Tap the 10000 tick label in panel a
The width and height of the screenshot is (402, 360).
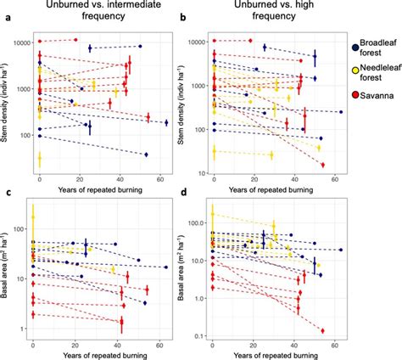tap(20, 42)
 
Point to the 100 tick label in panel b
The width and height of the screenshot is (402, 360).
tap(197, 130)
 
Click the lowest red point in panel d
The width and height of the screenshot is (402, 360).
tap(323, 330)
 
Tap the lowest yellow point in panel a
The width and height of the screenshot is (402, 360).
tap(40, 158)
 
